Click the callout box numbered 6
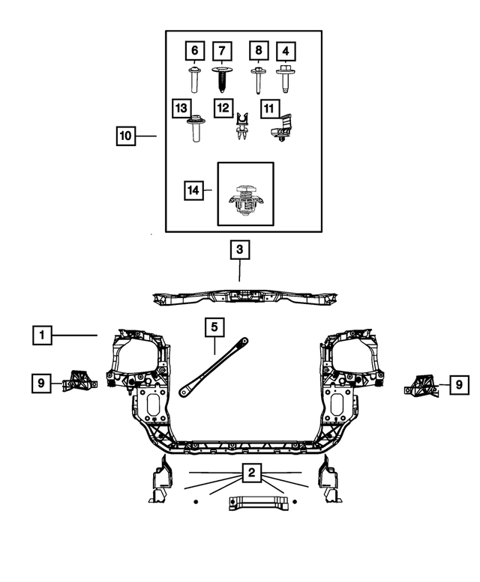[195, 51]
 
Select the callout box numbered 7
[222, 52]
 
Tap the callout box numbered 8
[258, 51]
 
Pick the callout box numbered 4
[285, 52]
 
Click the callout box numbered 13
[181, 109]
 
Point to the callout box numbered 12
[223, 109]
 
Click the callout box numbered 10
[125, 136]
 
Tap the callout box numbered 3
[239, 249]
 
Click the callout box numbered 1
[43, 335]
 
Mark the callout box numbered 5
[214, 327]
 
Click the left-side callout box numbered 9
[42, 384]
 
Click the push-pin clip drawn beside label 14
[245, 199]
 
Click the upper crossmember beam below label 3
[240, 300]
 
